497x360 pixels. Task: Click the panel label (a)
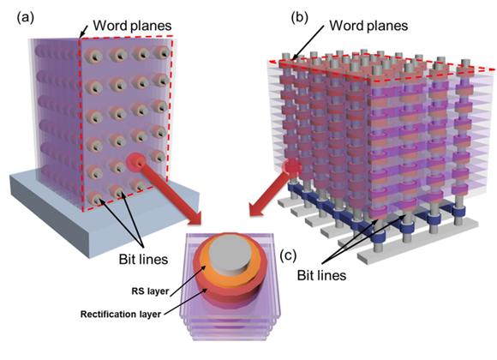pyautogui.click(x=25, y=18)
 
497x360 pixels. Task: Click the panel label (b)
pyautogui.click(x=300, y=18)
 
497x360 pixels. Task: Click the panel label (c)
pyautogui.click(x=288, y=255)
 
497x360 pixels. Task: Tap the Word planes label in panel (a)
pyautogui.click(x=132, y=26)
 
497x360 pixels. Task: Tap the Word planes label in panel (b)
pyautogui.click(x=368, y=26)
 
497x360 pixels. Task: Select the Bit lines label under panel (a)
pyautogui.click(x=143, y=260)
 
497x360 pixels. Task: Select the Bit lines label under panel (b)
pyautogui.click(x=321, y=275)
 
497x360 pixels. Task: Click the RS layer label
pyautogui.click(x=150, y=291)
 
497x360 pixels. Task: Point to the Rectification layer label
pyautogui.click(x=121, y=314)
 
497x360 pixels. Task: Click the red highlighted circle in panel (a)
pyautogui.click(x=137, y=162)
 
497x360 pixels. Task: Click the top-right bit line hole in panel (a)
pyautogui.click(x=162, y=52)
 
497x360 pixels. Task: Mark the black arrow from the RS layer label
pyautogui.click(x=187, y=281)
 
